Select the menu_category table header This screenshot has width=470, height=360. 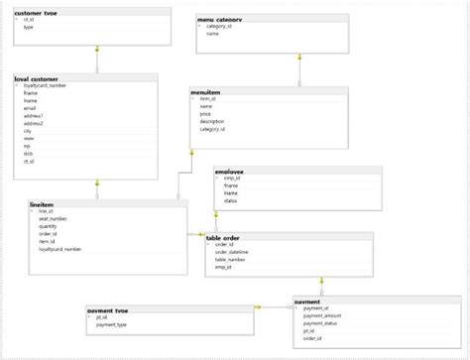(219, 19)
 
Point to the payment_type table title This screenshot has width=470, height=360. (108, 310)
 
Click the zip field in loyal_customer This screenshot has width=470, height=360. (27, 146)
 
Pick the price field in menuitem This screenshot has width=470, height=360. (205, 114)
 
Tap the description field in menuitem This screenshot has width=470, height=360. (212, 122)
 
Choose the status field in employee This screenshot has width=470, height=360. (230, 200)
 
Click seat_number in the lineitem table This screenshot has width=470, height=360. (53, 218)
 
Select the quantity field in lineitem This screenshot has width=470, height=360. (48, 226)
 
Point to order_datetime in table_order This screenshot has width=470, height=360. (232, 252)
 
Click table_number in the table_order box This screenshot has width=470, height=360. (229, 259)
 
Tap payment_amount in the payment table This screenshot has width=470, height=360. (322, 315)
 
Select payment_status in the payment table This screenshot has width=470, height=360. (320, 323)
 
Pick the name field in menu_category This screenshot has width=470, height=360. (212, 34)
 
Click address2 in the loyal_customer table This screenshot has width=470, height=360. (34, 123)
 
